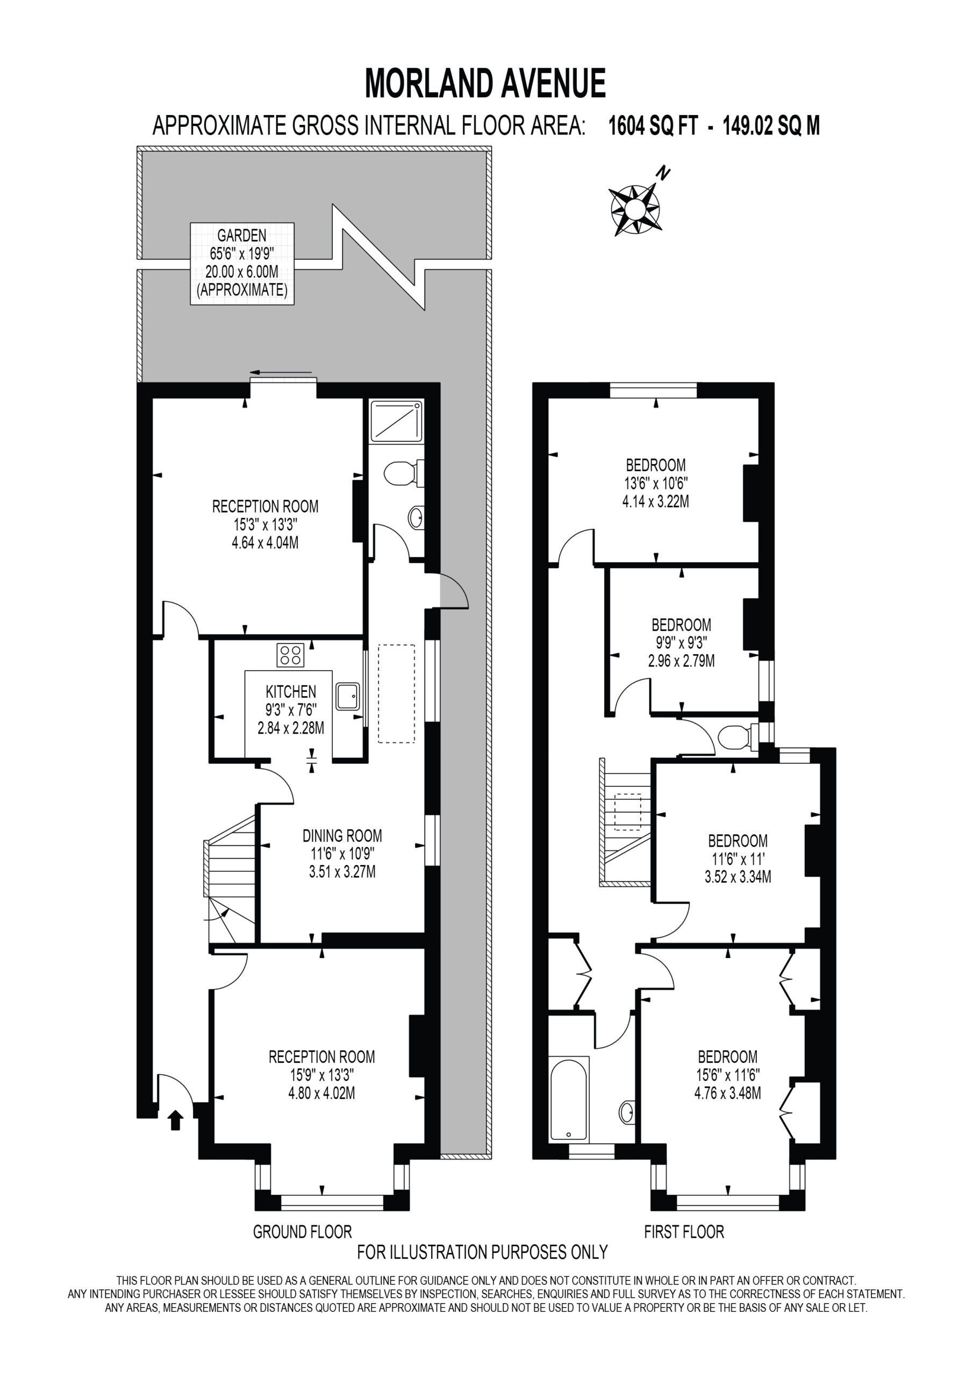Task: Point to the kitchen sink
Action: coord(348,696)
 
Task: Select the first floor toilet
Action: coord(738,737)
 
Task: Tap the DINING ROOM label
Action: coord(342,835)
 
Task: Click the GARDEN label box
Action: coord(242,263)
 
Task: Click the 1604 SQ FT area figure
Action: coord(654,126)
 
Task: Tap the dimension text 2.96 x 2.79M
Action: coord(682,661)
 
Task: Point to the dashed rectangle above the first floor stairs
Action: coord(628,812)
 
